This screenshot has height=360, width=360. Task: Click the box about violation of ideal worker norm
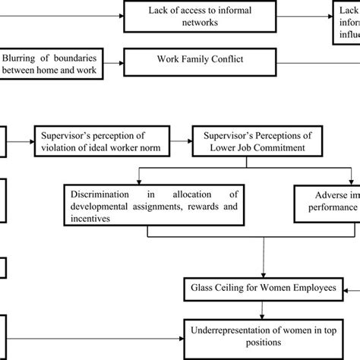[x=99, y=141]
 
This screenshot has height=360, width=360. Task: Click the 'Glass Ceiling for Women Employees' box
[x=261, y=288]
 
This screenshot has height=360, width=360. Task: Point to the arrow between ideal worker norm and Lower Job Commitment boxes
[x=178, y=141]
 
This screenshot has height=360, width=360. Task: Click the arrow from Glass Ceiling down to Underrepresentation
[x=261, y=306]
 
